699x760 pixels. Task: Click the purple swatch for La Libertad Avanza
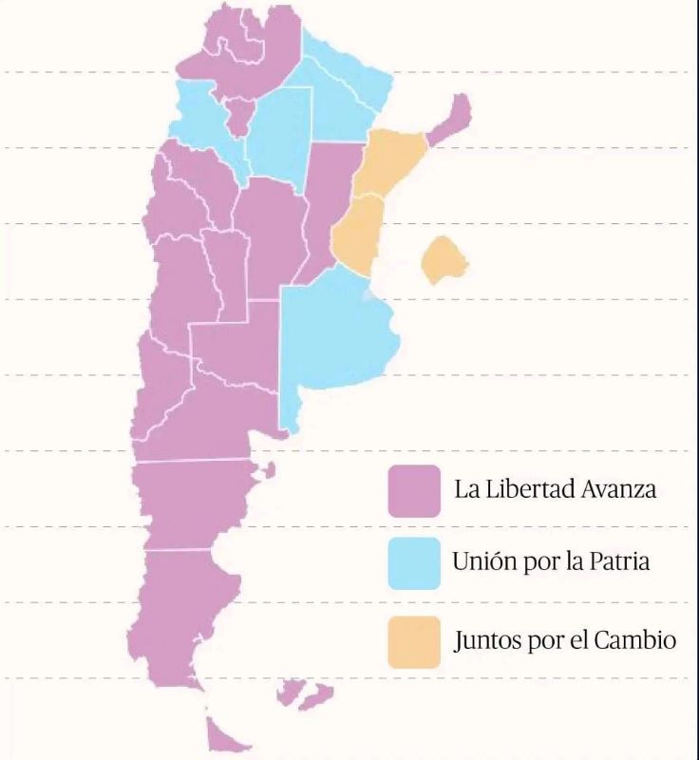point(413,490)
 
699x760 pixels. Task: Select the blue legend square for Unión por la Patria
point(413,562)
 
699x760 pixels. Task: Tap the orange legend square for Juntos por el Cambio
point(413,641)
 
